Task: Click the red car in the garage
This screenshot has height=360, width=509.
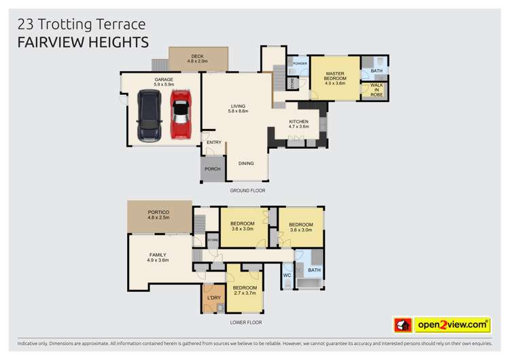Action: tap(179, 117)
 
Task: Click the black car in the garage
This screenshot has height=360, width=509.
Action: tap(149, 117)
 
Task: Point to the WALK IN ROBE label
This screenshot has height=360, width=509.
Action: tap(376, 90)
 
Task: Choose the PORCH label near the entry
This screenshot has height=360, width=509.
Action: tap(211, 169)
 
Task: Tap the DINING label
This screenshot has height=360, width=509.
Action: tap(246, 163)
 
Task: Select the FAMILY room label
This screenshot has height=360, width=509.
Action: tap(158, 257)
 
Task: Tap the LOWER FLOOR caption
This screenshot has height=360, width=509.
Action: tap(245, 323)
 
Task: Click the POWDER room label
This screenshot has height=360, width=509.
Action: tap(300, 64)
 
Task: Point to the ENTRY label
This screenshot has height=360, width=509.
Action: tap(214, 142)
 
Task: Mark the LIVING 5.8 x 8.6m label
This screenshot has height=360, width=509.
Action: tap(238, 108)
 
